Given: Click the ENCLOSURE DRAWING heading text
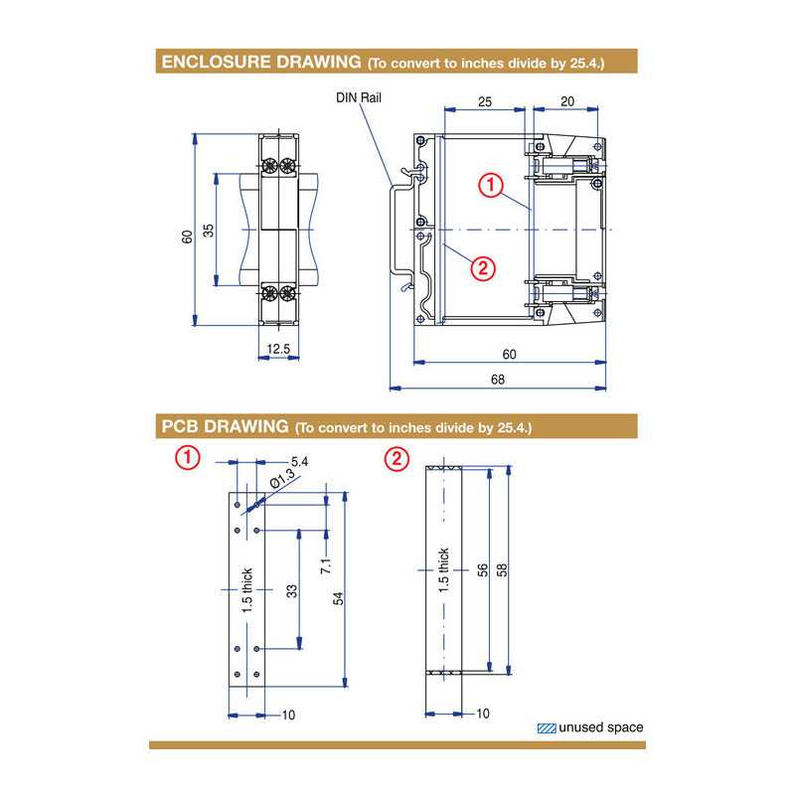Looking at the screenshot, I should [x=260, y=63].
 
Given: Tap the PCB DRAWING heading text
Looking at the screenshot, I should [x=225, y=427].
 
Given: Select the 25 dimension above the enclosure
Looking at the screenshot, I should [x=484, y=101].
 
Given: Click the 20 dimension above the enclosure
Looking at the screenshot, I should [x=566, y=101].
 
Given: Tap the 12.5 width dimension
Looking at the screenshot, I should [x=279, y=349].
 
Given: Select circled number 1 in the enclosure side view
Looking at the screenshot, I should [x=489, y=184].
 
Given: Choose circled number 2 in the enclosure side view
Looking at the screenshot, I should [x=481, y=266].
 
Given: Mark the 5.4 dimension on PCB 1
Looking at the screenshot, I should [x=299, y=462].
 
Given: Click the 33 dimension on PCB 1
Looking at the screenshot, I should [x=291, y=590].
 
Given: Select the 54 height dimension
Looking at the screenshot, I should [x=338, y=597].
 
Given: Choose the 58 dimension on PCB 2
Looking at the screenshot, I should [x=502, y=570].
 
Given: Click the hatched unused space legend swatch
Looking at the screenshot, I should [x=546, y=727].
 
